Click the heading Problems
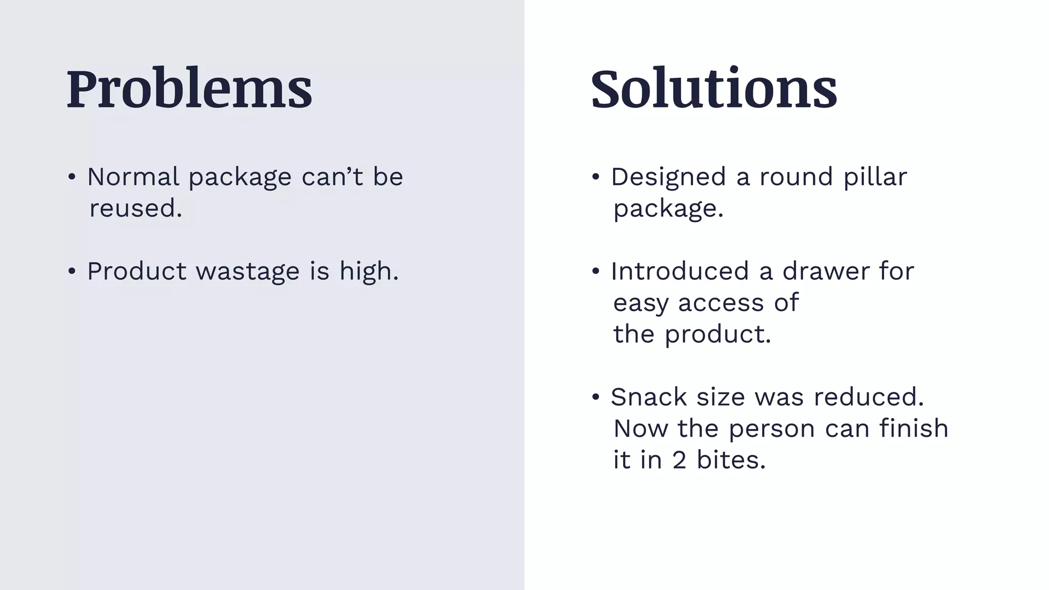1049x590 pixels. [189, 89]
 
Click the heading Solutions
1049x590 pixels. [714, 89]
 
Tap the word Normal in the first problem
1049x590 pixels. [133, 177]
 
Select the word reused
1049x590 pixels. [135, 208]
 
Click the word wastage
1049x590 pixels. [247, 271]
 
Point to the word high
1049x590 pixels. [368, 271]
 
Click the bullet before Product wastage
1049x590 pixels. [72, 271]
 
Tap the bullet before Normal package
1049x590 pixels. [72, 177]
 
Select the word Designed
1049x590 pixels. [668, 177]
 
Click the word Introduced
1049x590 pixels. [680, 271]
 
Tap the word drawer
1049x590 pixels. [826, 271]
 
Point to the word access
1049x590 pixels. [721, 303]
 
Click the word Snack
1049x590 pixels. [648, 397]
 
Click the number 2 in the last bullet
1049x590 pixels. [679, 460]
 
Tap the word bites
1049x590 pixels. [730, 460]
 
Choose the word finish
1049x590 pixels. [914, 429]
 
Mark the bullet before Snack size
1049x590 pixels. [595, 397]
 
